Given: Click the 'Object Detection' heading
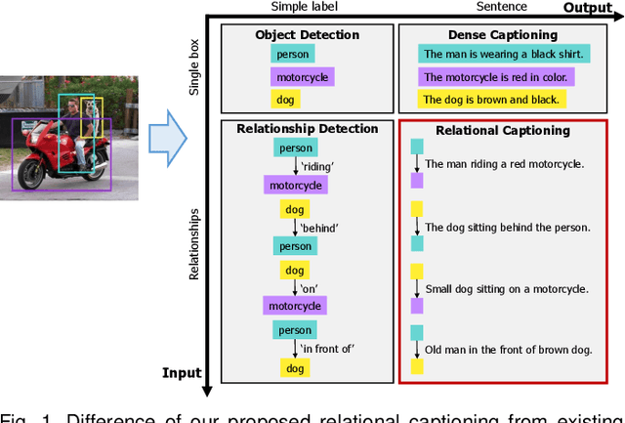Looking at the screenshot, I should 307,35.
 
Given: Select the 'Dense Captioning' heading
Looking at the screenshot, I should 495,35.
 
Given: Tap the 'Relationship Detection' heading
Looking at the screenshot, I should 307,128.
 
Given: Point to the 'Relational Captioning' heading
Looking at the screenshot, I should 503,130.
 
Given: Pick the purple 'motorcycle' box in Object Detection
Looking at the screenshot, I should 302,77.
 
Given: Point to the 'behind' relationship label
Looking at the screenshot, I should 317,228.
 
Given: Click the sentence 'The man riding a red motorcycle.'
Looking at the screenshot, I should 505,164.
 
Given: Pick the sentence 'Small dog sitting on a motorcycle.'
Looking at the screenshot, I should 507,289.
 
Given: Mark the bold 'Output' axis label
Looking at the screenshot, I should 587,8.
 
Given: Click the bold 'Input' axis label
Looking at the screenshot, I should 181,373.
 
